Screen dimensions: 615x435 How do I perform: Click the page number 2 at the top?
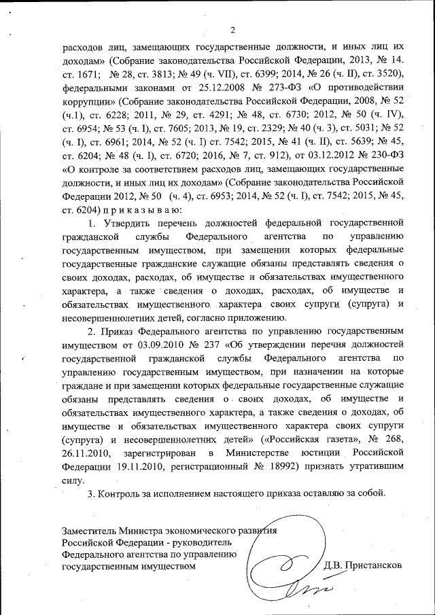point(232,30)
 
